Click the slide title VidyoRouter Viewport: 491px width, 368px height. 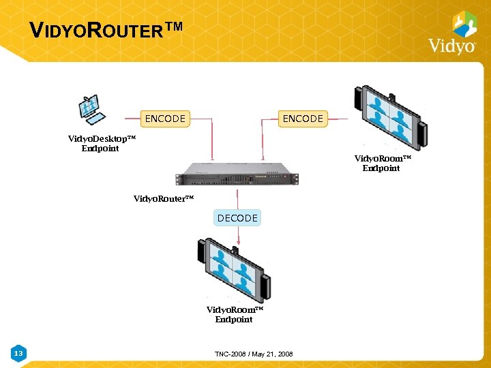(95, 31)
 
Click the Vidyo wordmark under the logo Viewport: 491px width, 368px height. (451, 46)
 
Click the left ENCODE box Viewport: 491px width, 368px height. (165, 119)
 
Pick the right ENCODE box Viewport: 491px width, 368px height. (303, 119)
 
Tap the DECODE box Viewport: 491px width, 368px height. (237, 218)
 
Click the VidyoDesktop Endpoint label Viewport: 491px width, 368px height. (102, 143)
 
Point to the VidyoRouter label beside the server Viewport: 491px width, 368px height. (164, 199)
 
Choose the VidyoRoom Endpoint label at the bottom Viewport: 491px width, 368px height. (235, 314)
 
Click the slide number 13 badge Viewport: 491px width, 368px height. (18, 353)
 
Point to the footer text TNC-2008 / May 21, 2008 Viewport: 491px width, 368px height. (253, 354)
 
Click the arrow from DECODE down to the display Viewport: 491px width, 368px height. (238, 235)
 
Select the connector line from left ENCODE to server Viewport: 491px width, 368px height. (212, 140)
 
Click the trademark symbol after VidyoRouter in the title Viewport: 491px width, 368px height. (174, 27)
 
